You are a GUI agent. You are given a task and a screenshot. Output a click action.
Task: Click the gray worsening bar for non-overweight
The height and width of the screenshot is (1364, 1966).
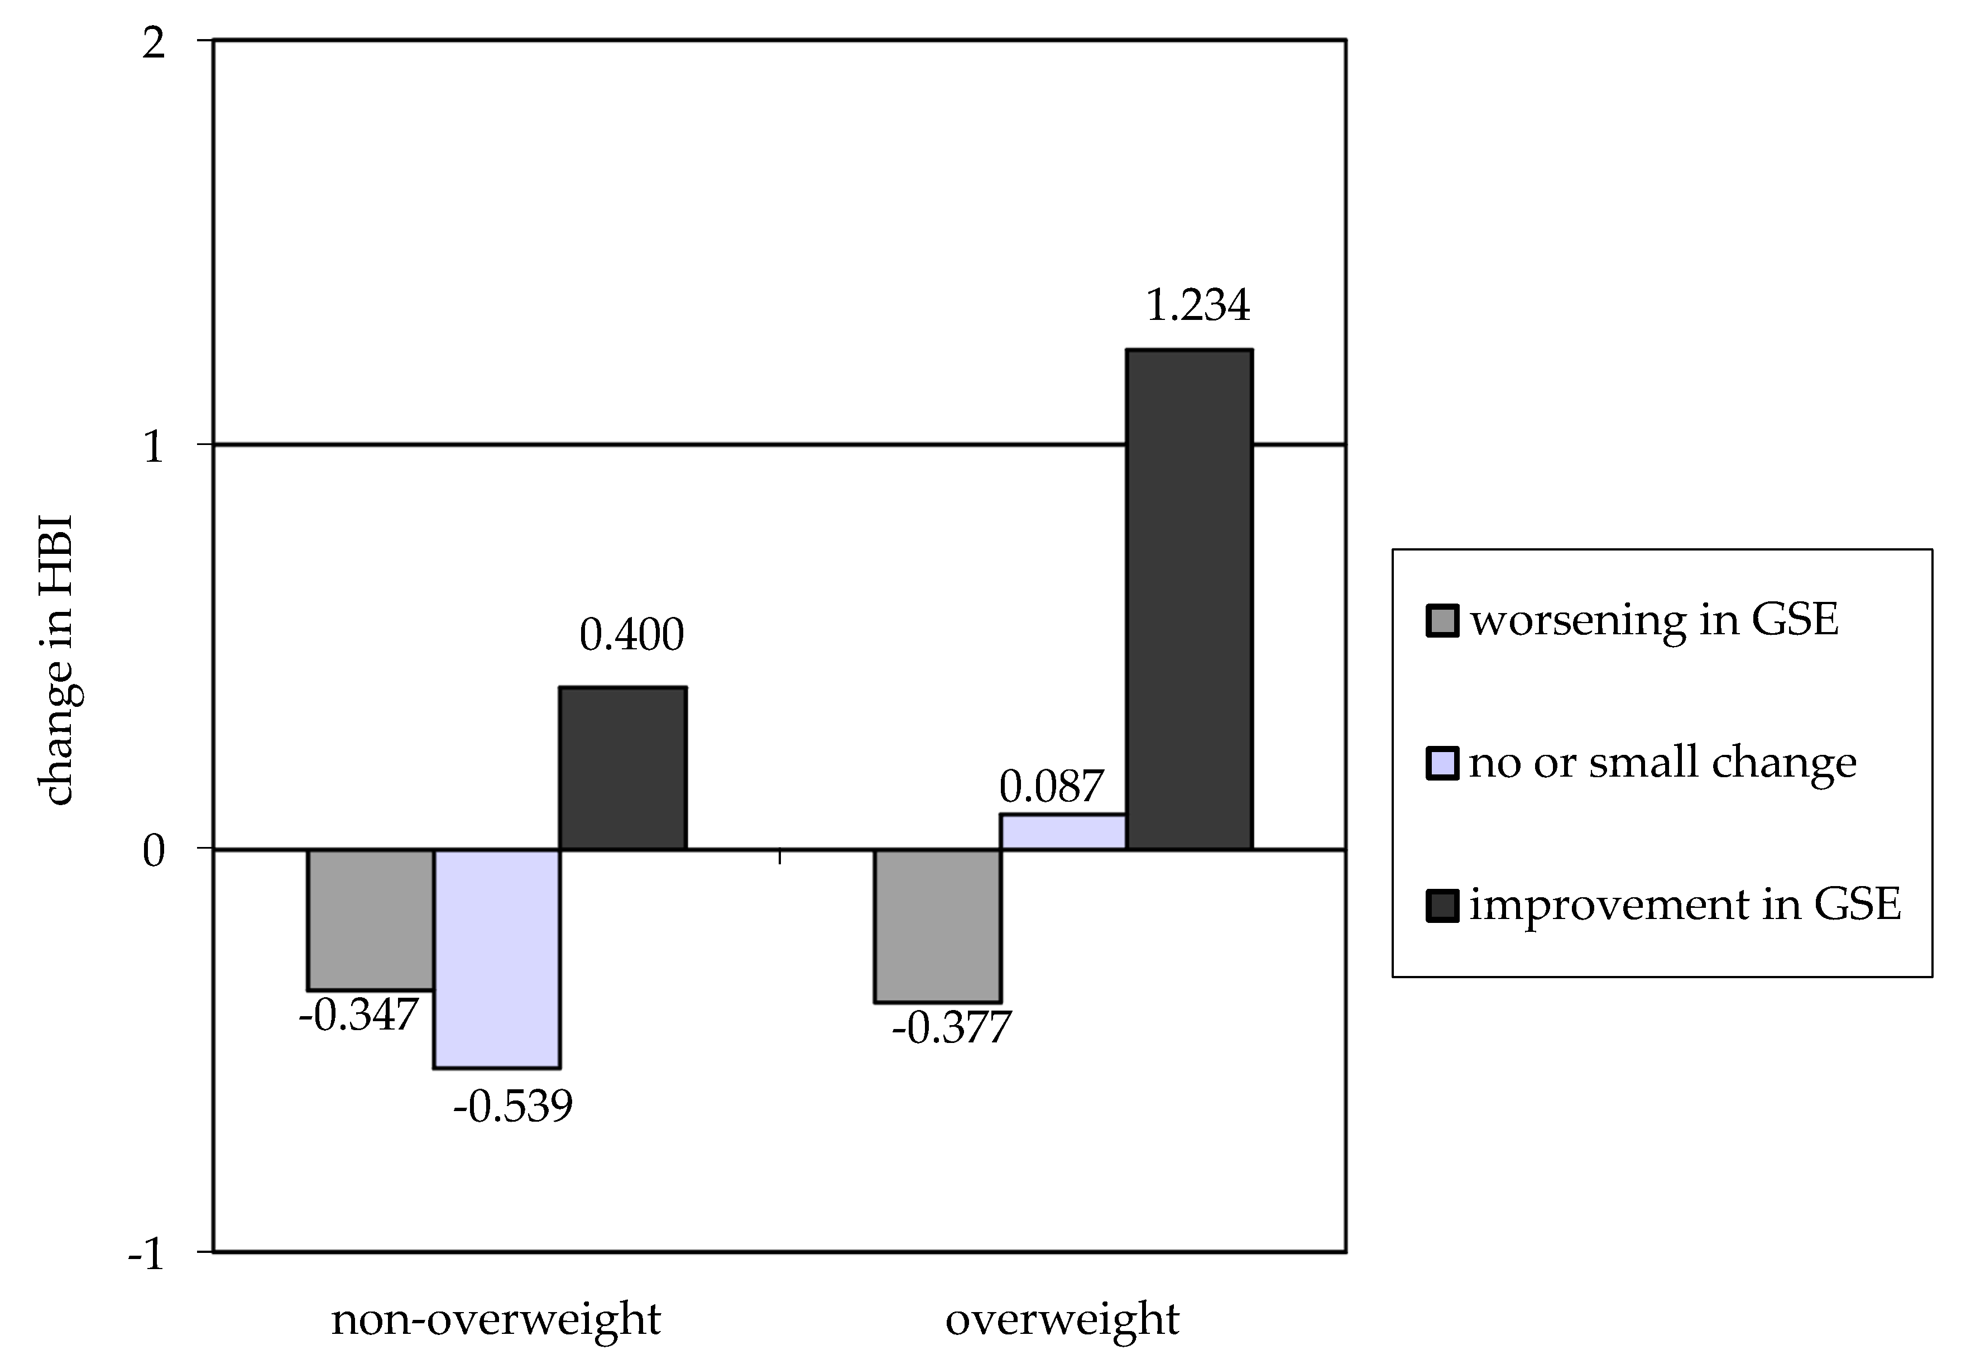point(370,919)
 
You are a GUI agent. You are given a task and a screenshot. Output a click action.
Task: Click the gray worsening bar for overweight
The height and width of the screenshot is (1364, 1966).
point(937,925)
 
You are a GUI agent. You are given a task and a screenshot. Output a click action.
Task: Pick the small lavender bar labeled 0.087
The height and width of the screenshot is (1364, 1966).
point(1062,831)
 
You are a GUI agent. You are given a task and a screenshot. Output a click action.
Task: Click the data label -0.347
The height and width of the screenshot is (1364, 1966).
point(357,1014)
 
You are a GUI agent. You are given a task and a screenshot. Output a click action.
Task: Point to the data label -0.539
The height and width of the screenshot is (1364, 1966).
point(512,1106)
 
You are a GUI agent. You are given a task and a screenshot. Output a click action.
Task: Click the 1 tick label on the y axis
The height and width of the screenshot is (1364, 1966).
point(154,445)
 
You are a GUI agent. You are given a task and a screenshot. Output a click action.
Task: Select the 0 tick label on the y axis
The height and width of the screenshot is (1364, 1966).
point(154,850)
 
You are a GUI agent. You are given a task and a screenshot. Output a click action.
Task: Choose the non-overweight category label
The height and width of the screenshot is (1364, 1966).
point(496,1319)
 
